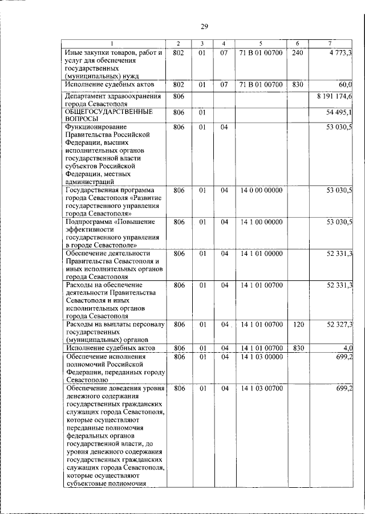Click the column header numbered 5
[x=260, y=44]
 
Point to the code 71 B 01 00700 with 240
[x=260, y=52]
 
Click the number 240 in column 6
[x=297, y=52]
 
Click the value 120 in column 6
[x=297, y=324]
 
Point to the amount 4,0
[x=347, y=348]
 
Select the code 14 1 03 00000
[x=260, y=356]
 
